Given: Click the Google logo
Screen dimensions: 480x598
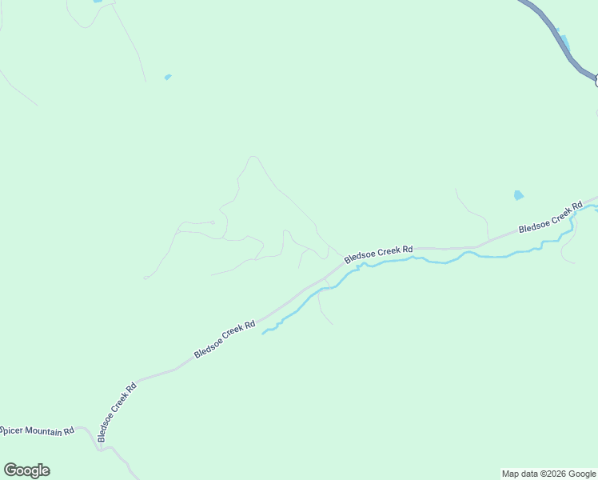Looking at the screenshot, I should click(x=26, y=470).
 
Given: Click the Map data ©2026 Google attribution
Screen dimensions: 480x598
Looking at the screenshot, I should click(x=548, y=474).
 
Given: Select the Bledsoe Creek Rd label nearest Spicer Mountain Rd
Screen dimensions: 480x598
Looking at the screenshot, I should click(x=118, y=411).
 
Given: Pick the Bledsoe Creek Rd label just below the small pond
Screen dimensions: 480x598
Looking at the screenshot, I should click(x=551, y=218).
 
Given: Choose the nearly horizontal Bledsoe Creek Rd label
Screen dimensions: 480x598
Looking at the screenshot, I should click(x=378, y=254).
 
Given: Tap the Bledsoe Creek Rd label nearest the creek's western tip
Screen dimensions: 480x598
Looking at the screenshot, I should click(x=225, y=340).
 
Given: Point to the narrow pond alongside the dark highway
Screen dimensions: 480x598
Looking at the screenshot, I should click(x=564, y=41).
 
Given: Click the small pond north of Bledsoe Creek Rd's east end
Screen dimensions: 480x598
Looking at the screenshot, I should click(x=519, y=195).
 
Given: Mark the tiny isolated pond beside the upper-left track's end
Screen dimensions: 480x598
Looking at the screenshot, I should click(x=167, y=77).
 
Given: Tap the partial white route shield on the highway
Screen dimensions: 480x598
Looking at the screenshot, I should click(x=596, y=79).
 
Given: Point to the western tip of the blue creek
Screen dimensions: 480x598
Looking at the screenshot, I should click(x=263, y=333).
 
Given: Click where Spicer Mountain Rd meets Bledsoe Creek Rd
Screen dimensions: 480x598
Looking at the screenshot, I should click(x=99, y=446).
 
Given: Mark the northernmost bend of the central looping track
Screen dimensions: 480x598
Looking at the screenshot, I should click(x=253, y=157).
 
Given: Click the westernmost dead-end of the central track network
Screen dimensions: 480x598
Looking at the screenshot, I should click(x=145, y=278).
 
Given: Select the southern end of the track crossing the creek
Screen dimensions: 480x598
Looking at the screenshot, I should click(x=332, y=323).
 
